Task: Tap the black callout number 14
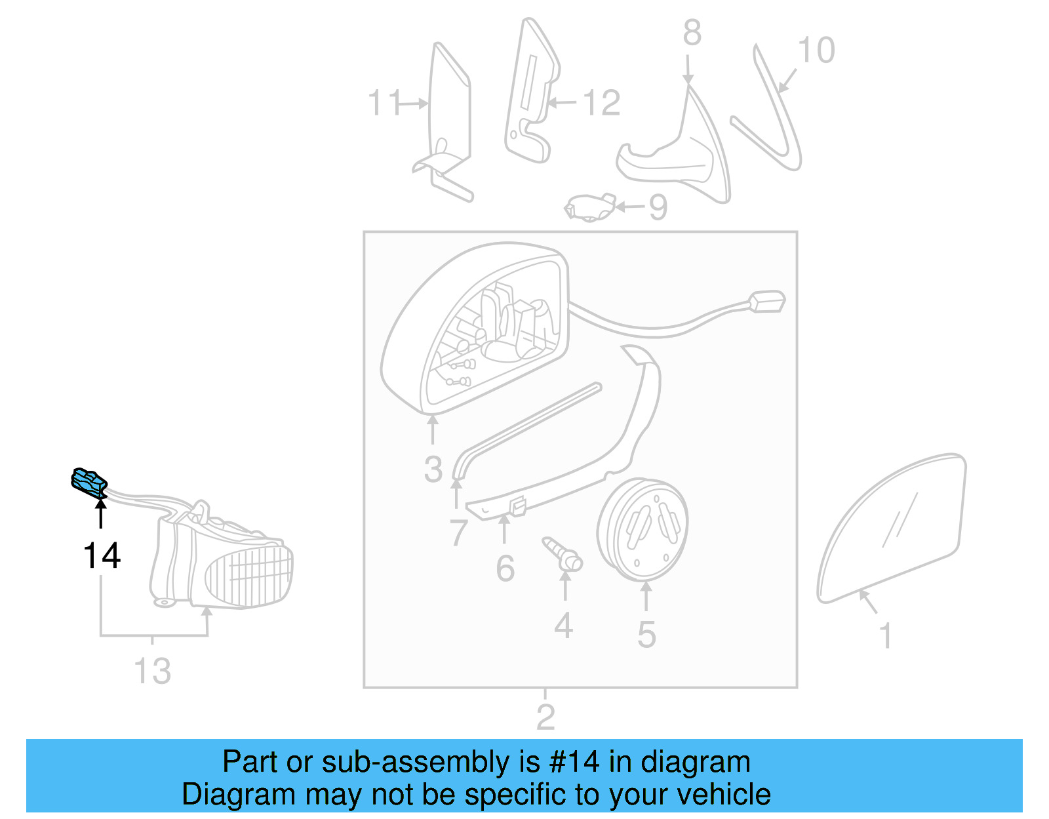[x=102, y=555]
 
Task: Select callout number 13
[x=152, y=671]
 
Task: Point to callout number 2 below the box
[x=545, y=717]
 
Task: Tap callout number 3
[x=433, y=469]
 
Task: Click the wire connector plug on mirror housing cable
[x=766, y=302]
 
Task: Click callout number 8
[x=692, y=33]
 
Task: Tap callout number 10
[x=816, y=50]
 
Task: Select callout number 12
[x=601, y=103]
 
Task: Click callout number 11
[x=384, y=103]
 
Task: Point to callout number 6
[x=505, y=569]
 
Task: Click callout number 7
[x=458, y=532]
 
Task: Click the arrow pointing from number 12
[x=562, y=102]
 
